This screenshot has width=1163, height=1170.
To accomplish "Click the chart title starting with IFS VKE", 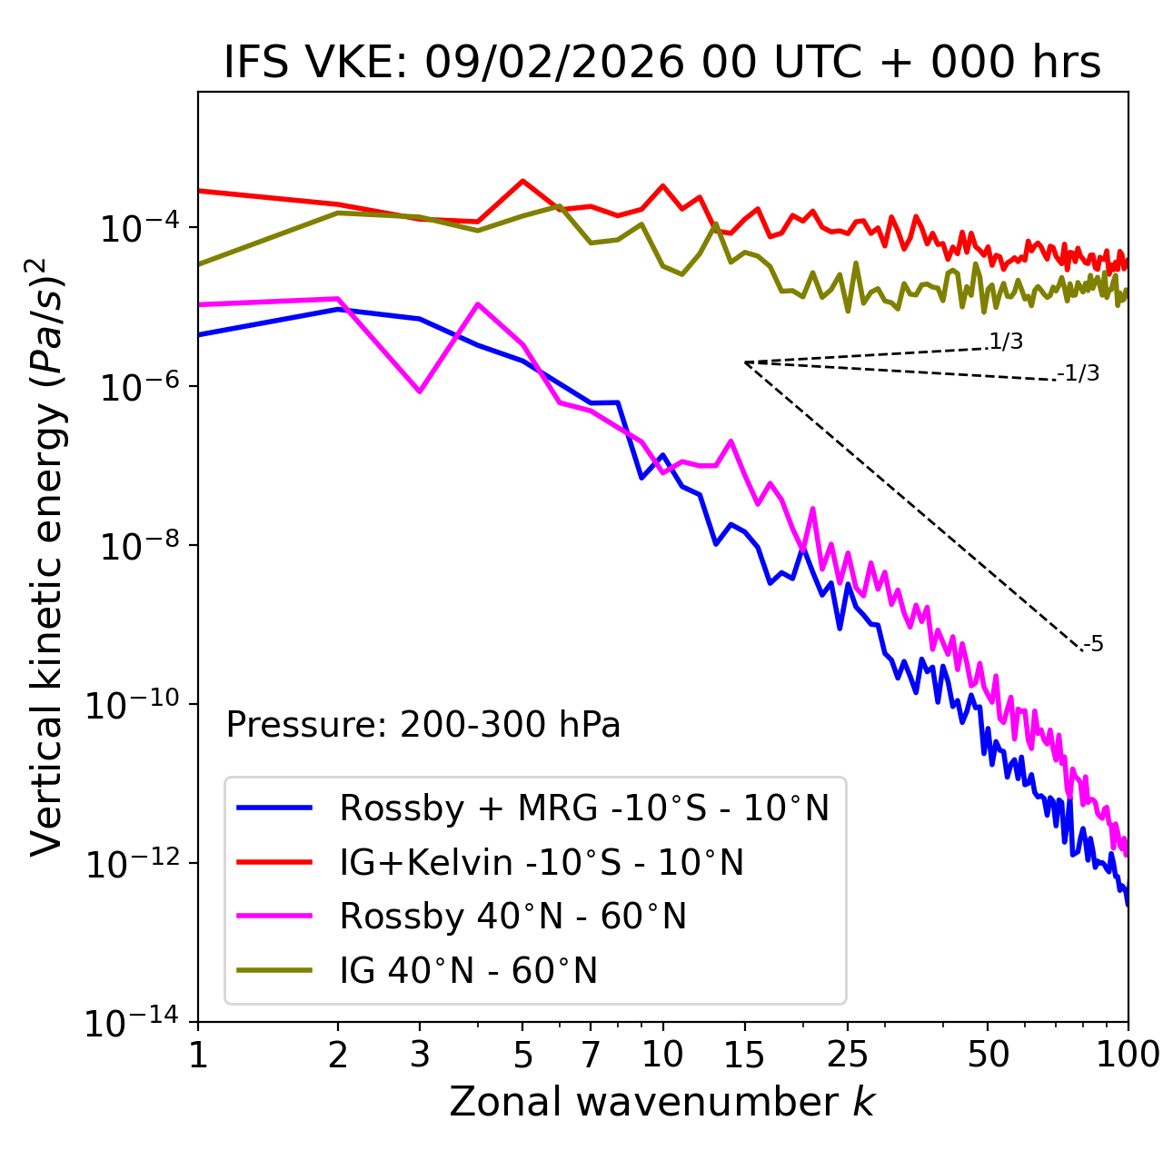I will [662, 64].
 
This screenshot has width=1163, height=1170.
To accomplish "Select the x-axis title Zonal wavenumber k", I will [662, 1102].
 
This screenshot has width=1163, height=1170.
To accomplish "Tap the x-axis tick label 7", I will [591, 1055].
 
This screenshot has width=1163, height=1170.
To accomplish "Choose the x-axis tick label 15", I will [744, 1055].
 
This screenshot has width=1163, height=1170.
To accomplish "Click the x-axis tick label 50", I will [988, 1055].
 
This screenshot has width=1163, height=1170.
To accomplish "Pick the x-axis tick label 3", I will [420, 1055].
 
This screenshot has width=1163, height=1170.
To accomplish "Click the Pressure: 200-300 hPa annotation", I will [423, 725].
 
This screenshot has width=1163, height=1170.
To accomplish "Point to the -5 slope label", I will [1094, 644].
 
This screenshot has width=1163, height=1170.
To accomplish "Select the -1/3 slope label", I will [1079, 373].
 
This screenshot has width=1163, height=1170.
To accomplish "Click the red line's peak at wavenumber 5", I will [522, 181].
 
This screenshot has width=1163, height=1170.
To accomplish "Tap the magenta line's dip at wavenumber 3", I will [420, 392].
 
